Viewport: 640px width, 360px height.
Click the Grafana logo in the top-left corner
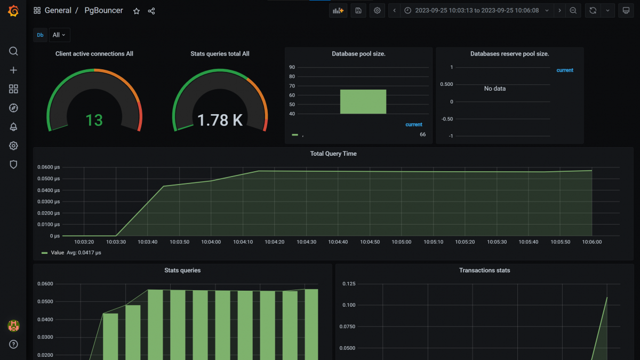tap(13, 11)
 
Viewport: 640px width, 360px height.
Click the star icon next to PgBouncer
tap(137, 11)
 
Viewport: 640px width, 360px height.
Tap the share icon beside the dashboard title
tap(151, 11)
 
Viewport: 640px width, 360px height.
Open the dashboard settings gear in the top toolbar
tap(378, 11)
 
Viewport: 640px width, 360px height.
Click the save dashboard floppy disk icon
tap(358, 11)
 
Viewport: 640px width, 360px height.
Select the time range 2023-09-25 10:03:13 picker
tap(476, 11)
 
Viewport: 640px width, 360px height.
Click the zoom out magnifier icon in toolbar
tap(573, 11)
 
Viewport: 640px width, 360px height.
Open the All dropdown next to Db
tap(59, 35)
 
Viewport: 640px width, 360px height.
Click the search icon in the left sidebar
tap(14, 51)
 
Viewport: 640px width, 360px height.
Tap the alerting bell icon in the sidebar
tap(14, 127)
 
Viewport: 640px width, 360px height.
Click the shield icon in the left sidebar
tap(14, 164)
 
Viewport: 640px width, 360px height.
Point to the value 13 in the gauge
tap(94, 120)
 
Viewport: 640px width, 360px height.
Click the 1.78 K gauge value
tap(220, 121)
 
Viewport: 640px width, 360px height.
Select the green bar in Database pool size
tap(363, 101)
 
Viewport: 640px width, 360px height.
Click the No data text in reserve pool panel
tap(494, 89)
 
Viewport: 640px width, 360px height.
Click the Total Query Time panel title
tap(333, 154)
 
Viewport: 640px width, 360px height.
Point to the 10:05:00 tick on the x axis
tap(402, 242)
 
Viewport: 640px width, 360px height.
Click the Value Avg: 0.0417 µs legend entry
tap(71, 253)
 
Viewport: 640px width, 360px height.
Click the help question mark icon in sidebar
tap(14, 345)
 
